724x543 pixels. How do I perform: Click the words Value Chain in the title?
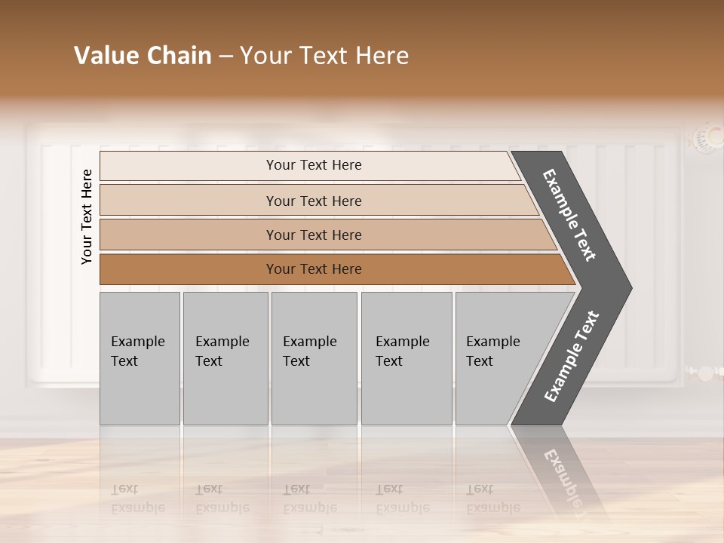143,56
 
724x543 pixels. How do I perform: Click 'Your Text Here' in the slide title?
324,56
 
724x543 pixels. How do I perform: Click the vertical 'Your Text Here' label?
87,216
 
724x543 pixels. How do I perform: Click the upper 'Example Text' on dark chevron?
569,215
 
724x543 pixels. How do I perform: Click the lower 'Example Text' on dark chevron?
572,356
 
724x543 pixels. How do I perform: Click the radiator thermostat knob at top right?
707,138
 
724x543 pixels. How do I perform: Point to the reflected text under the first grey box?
137,499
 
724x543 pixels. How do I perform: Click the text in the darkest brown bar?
314,269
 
